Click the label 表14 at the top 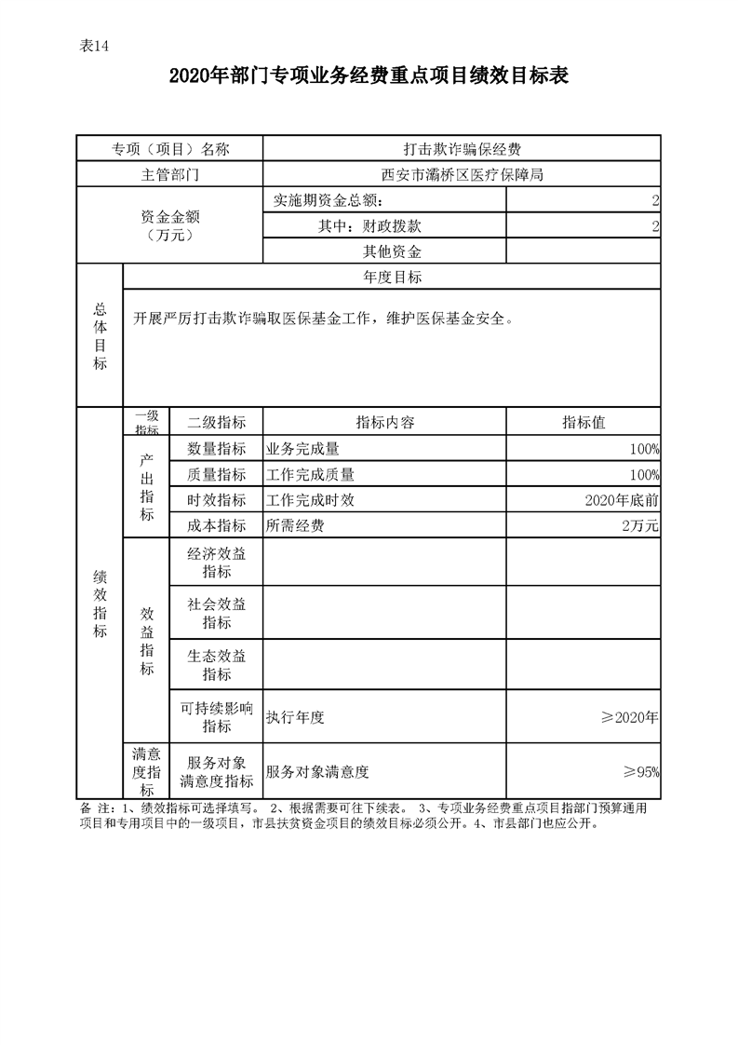click(x=95, y=49)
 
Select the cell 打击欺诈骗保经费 click(x=462, y=149)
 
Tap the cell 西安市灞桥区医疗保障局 click(x=462, y=174)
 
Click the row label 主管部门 click(x=169, y=174)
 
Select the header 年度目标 click(x=392, y=277)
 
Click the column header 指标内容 click(x=385, y=422)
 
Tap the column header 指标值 click(x=584, y=422)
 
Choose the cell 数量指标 click(x=216, y=448)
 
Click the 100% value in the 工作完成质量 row click(x=644, y=474)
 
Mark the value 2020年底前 click(x=622, y=500)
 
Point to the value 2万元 click(x=640, y=526)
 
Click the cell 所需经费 click(x=295, y=526)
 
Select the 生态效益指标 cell click(x=216, y=664)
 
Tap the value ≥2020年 click(x=630, y=717)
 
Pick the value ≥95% click(x=641, y=771)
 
